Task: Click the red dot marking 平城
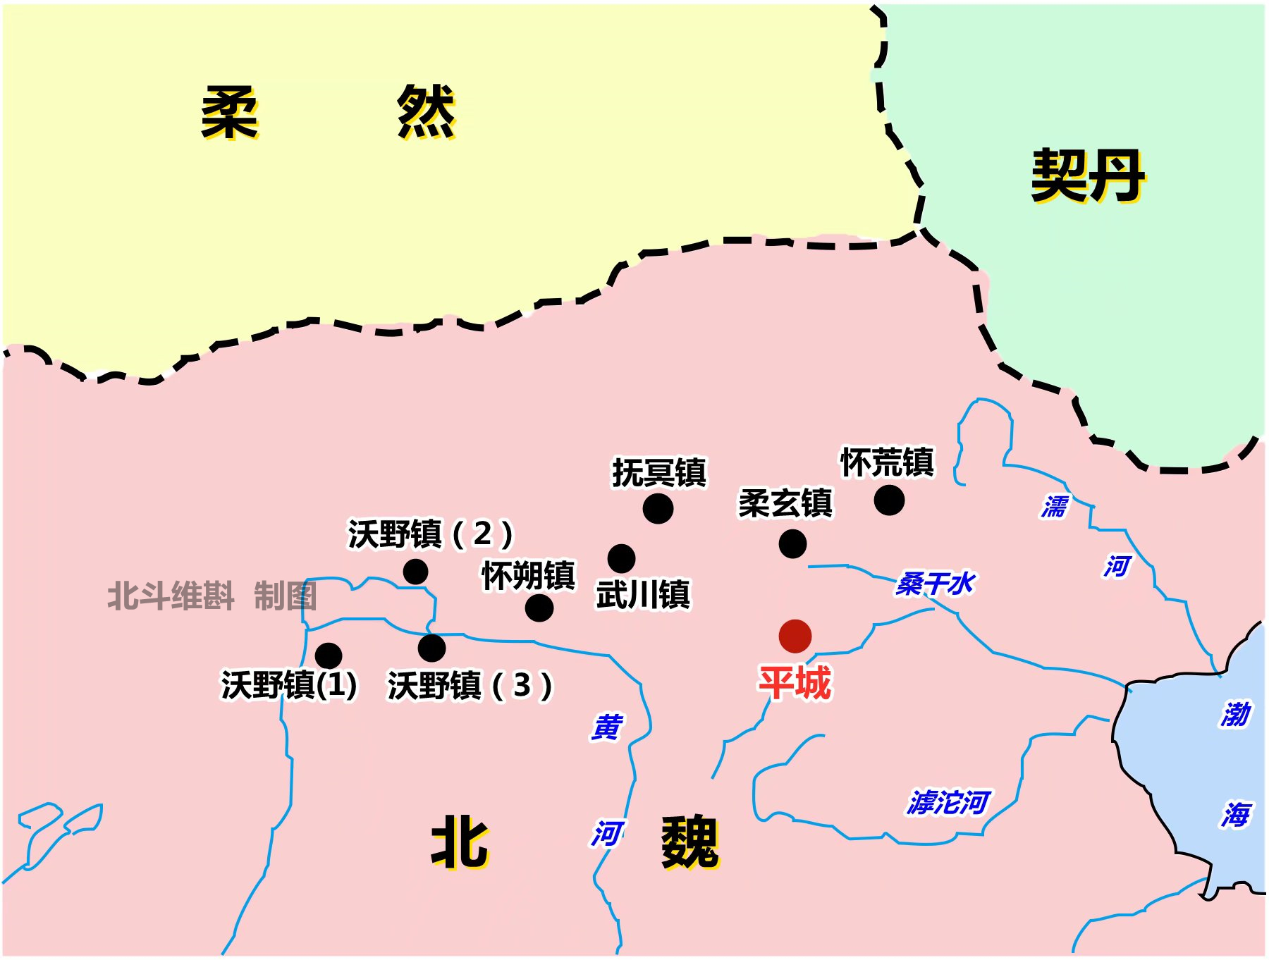pyautogui.click(x=795, y=636)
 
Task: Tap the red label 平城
pyautogui.click(x=795, y=683)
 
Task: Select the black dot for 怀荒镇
pyautogui.click(x=889, y=500)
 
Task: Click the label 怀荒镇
pyautogui.click(x=888, y=462)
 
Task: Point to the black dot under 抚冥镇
pyautogui.click(x=658, y=508)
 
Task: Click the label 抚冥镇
pyautogui.click(x=659, y=472)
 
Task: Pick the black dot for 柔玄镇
pyautogui.click(x=792, y=544)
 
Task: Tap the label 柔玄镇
pyautogui.click(x=785, y=503)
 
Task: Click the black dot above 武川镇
pyautogui.click(x=621, y=559)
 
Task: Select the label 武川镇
pyautogui.click(x=643, y=594)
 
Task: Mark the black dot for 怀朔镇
pyautogui.click(x=539, y=608)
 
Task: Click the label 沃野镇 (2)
pyautogui.click(x=430, y=534)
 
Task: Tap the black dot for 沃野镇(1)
pyautogui.click(x=329, y=656)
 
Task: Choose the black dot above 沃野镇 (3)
pyautogui.click(x=431, y=648)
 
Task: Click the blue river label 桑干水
pyautogui.click(x=935, y=584)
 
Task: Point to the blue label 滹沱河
pyautogui.click(x=949, y=802)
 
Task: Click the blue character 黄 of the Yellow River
pyautogui.click(x=606, y=727)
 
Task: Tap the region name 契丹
pyautogui.click(x=1088, y=176)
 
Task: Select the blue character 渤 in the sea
pyautogui.click(x=1236, y=714)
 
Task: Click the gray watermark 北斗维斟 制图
pyautogui.click(x=211, y=596)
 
